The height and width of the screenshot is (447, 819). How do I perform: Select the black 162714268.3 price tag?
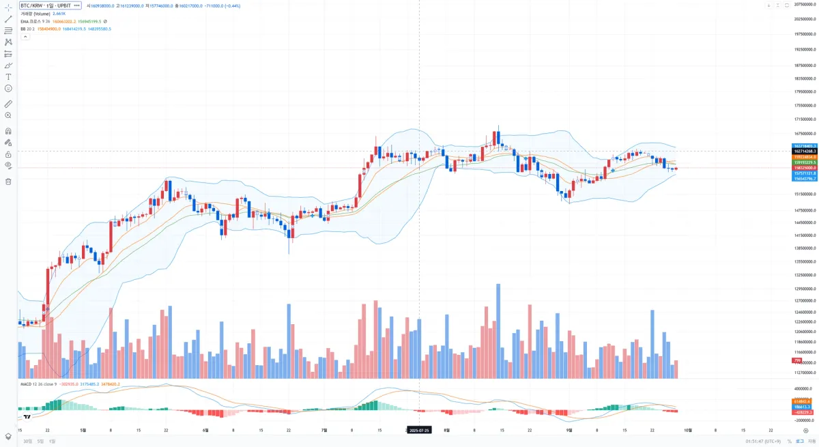pyautogui.click(x=804, y=152)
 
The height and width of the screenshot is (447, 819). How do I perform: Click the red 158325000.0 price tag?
pyautogui.click(x=804, y=168)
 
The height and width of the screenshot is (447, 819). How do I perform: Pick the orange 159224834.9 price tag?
pyautogui.click(x=804, y=157)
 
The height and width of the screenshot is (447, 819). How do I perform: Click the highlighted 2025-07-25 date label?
pyautogui.click(x=418, y=431)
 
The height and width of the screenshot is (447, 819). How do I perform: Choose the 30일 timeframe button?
pyautogui.click(x=27, y=441)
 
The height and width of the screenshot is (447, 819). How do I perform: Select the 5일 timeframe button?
pyautogui.click(x=40, y=441)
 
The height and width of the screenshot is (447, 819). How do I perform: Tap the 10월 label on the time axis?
pyautogui.click(x=688, y=431)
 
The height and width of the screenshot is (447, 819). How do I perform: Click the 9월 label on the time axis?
pyautogui.click(x=569, y=431)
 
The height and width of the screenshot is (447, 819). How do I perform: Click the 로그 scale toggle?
pyautogui.click(x=799, y=441)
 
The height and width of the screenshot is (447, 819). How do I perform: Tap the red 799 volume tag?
pyautogui.click(x=796, y=360)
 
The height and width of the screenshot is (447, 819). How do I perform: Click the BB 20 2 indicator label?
pyautogui.click(x=27, y=29)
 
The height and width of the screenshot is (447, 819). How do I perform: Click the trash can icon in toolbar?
pyautogui.click(x=8, y=182)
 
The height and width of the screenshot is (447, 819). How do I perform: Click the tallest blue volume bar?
pyautogui.click(x=498, y=331)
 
